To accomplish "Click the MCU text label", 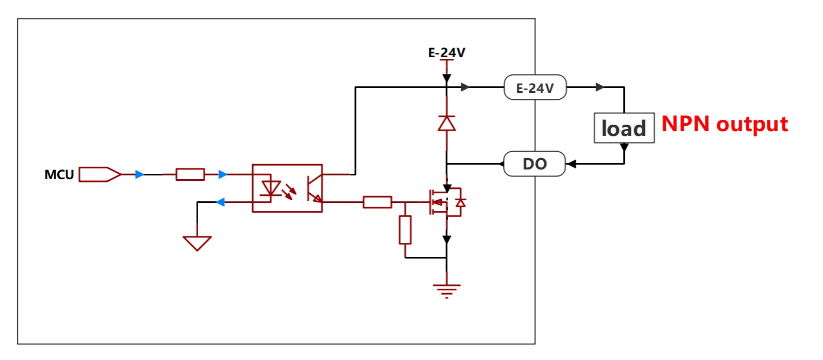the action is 59,174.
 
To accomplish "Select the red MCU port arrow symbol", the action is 100,174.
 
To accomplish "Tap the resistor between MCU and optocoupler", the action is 190,174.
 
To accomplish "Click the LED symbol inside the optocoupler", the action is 271,188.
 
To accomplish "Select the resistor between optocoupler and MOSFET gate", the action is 377,202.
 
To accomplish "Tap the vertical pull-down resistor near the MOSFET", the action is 405,230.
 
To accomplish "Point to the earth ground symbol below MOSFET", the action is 447,291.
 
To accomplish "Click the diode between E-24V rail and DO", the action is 447,124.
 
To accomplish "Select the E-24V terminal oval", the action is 535,87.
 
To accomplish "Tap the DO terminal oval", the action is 535,164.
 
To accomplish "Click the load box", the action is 624,128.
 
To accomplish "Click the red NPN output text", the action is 725,124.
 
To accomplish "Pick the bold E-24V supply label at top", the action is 447,52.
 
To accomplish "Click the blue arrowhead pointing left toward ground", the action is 220,202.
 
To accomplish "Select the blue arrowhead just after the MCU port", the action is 139,174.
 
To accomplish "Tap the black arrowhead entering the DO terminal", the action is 572,164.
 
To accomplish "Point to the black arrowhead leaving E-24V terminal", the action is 599,87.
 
